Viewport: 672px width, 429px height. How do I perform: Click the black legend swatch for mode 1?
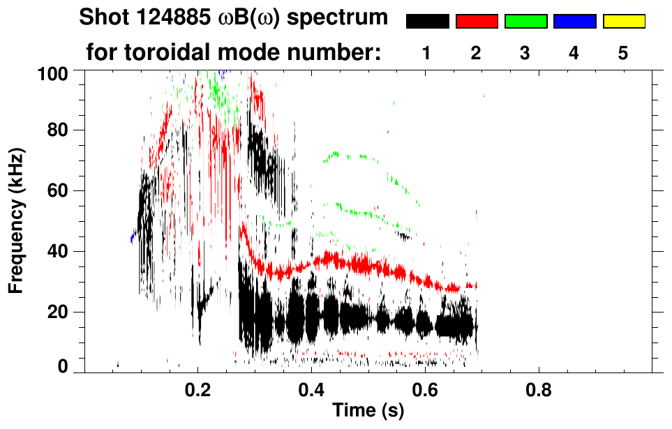point(427,22)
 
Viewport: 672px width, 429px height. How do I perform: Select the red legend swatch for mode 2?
point(477,22)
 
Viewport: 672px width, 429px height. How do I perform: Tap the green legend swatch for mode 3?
point(525,22)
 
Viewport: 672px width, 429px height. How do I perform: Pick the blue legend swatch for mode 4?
point(574,22)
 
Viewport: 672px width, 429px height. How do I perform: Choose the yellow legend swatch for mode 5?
point(624,22)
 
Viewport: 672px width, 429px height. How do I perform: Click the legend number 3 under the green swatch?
point(525,53)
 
